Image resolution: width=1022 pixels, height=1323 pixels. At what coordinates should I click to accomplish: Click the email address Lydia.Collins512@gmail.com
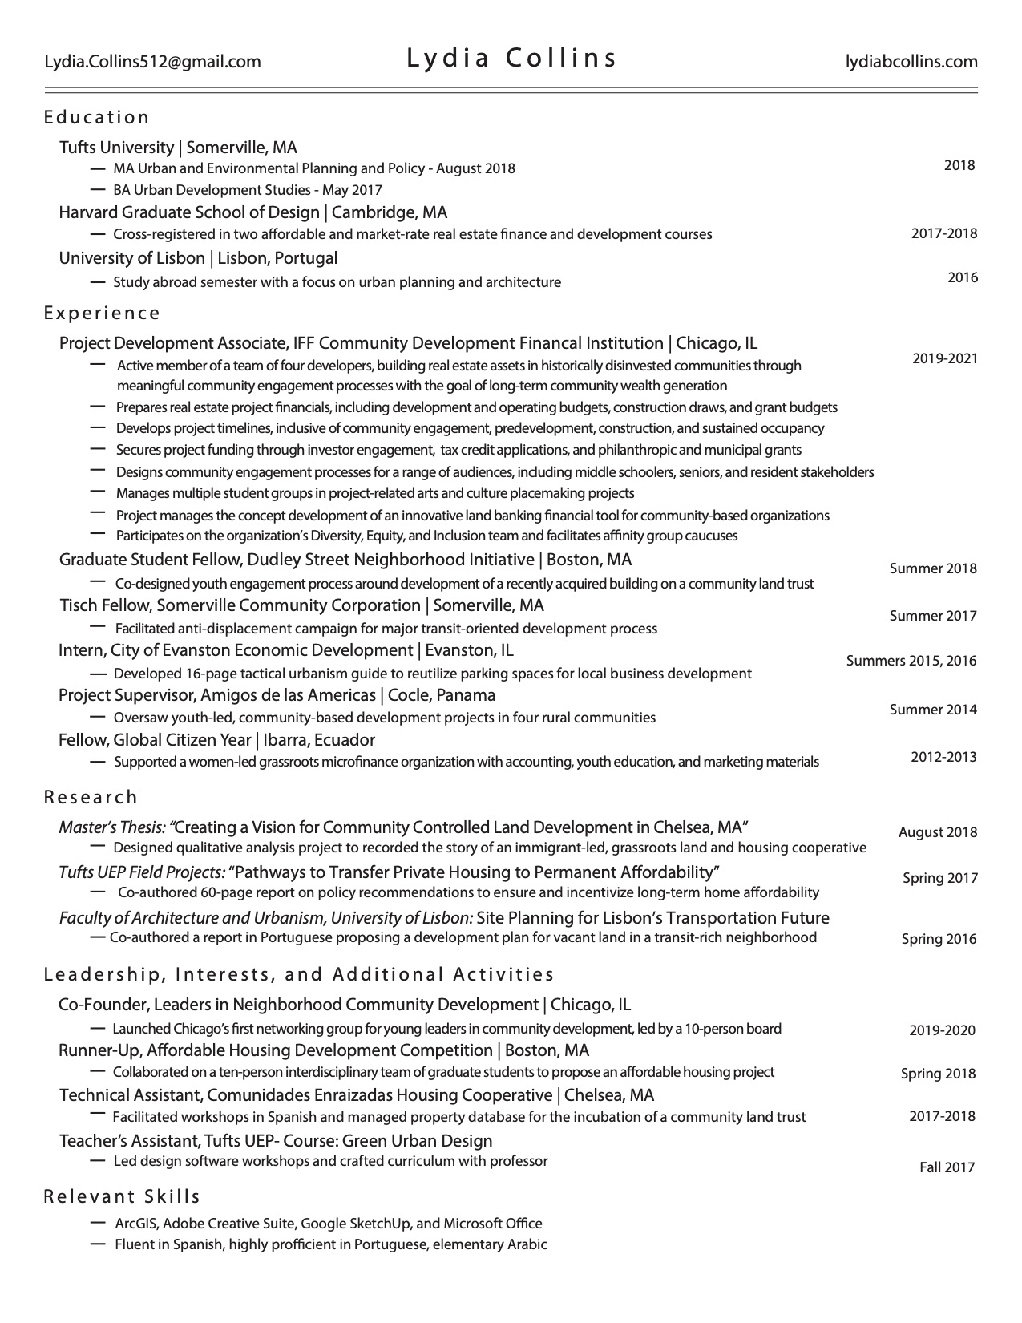point(152,62)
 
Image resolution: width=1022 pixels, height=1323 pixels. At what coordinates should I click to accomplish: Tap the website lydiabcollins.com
point(911,62)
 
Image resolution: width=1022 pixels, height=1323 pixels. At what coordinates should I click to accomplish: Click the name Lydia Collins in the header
point(511,59)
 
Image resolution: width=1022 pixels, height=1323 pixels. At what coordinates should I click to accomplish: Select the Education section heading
point(97,118)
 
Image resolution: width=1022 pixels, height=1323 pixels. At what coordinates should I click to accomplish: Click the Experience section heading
point(102,313)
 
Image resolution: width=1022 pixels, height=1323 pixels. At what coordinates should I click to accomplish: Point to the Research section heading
point(91,797)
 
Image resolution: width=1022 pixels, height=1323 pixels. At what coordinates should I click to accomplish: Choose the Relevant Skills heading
point(122,1196)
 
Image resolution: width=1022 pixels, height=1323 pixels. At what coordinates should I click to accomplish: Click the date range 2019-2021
point(944,358)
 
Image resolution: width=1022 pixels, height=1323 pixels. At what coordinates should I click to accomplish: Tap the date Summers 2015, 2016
point(911,661)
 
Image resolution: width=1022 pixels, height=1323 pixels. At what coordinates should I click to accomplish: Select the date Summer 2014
point(933,710)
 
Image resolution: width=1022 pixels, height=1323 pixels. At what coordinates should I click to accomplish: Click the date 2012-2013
point(943,756)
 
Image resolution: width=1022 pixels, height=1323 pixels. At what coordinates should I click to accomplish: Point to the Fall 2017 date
point(947,1167)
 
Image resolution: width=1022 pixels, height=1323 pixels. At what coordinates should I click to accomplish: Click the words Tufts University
point(116,148)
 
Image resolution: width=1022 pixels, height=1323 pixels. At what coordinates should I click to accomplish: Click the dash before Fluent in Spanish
point(99,1244)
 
